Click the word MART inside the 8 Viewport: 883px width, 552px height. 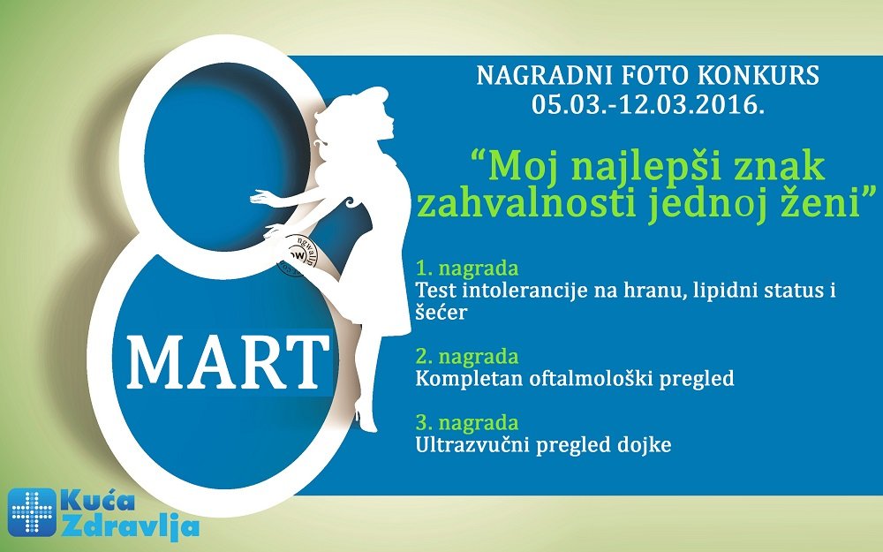(x=229, y=362)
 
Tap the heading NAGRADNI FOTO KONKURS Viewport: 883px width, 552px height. (x=648, y=75)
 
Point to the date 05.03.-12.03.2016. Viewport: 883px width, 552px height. (x=648, y=104)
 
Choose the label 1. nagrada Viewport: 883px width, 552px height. (x=467, y=268)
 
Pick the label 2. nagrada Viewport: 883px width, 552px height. (x=467, y=357)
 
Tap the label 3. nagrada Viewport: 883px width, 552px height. (x=467, y=422)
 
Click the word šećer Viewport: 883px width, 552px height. (x=441, y=312)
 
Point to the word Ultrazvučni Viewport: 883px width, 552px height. (x=471, y=445)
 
